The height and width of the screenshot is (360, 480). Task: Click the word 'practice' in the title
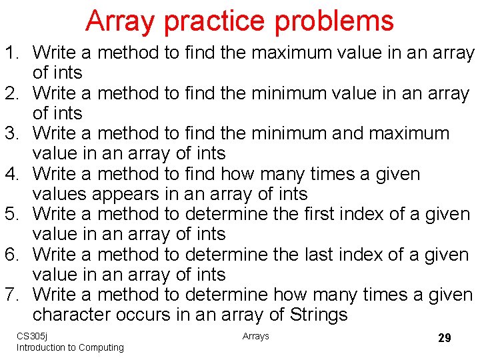click(x=215, y=21)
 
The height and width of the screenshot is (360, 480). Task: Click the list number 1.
click(x=13, y=53)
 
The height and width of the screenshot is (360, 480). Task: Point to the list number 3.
click(x=13, y=133)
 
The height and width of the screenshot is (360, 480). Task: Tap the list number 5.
click(x=13, y=215)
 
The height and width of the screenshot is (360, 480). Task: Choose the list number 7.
click(x=13, y=295)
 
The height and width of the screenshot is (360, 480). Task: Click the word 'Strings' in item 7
click(x=310, y=315)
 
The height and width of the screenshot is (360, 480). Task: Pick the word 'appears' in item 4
click(x=125, y=194)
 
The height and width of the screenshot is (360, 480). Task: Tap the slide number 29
click(x=444, y=338)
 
